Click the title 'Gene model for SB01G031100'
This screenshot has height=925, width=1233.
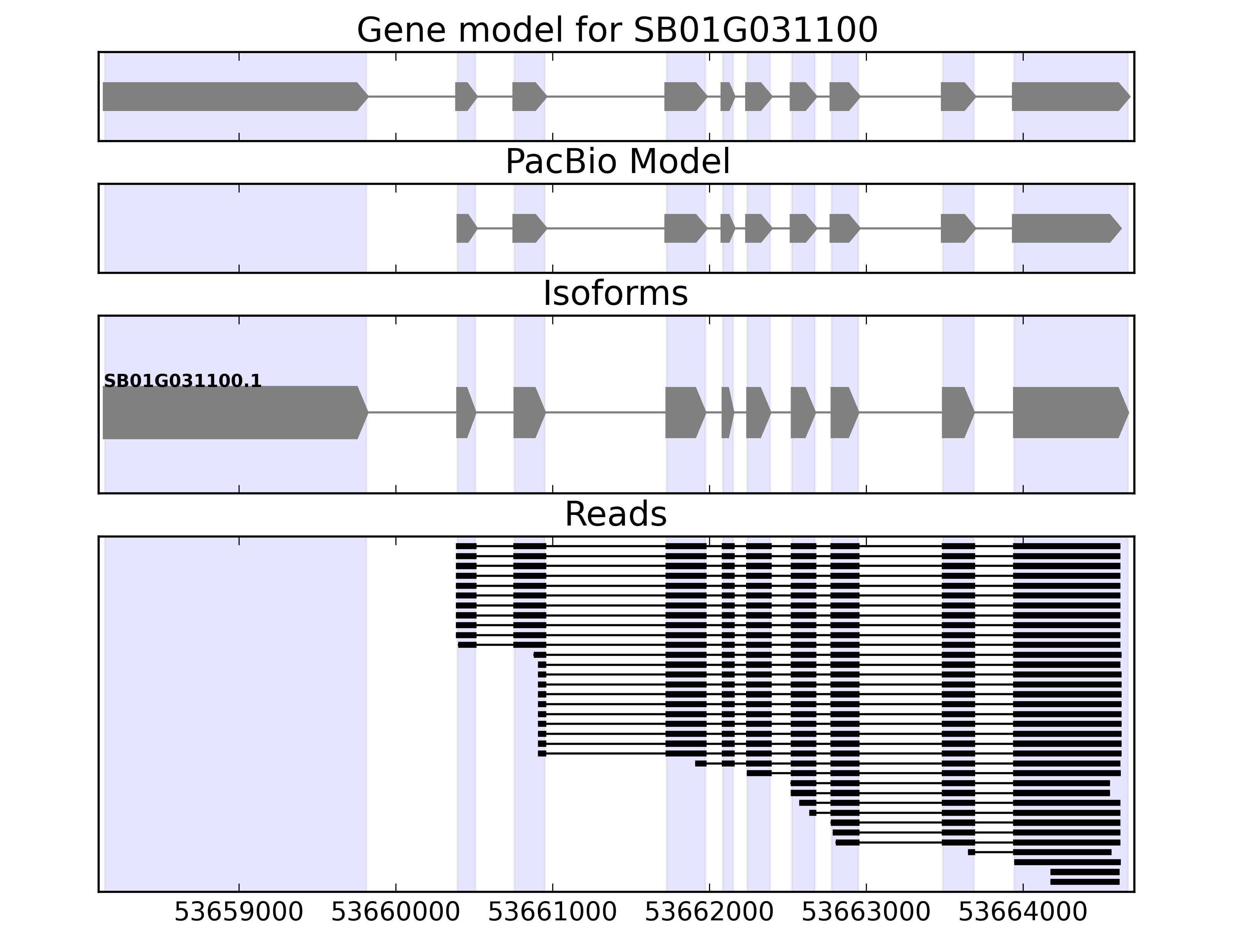(x=616, y=30)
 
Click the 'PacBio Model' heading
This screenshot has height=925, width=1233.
(x=616, y=162)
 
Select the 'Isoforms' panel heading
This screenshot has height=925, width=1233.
(x=615, y=293)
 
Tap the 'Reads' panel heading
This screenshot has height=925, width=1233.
(x=615, y=514)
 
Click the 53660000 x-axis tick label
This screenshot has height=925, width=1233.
(x=395, y=912)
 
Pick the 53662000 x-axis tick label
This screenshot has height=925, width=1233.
(x=709, y=912)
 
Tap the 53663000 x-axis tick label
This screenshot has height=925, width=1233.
(x=866, y=912)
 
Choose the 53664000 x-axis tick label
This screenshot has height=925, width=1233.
(x=1022, y=912)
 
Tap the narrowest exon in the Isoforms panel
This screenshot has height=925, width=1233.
(x=726, y=413)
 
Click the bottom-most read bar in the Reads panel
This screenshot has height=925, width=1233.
(x=1085, y=881)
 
